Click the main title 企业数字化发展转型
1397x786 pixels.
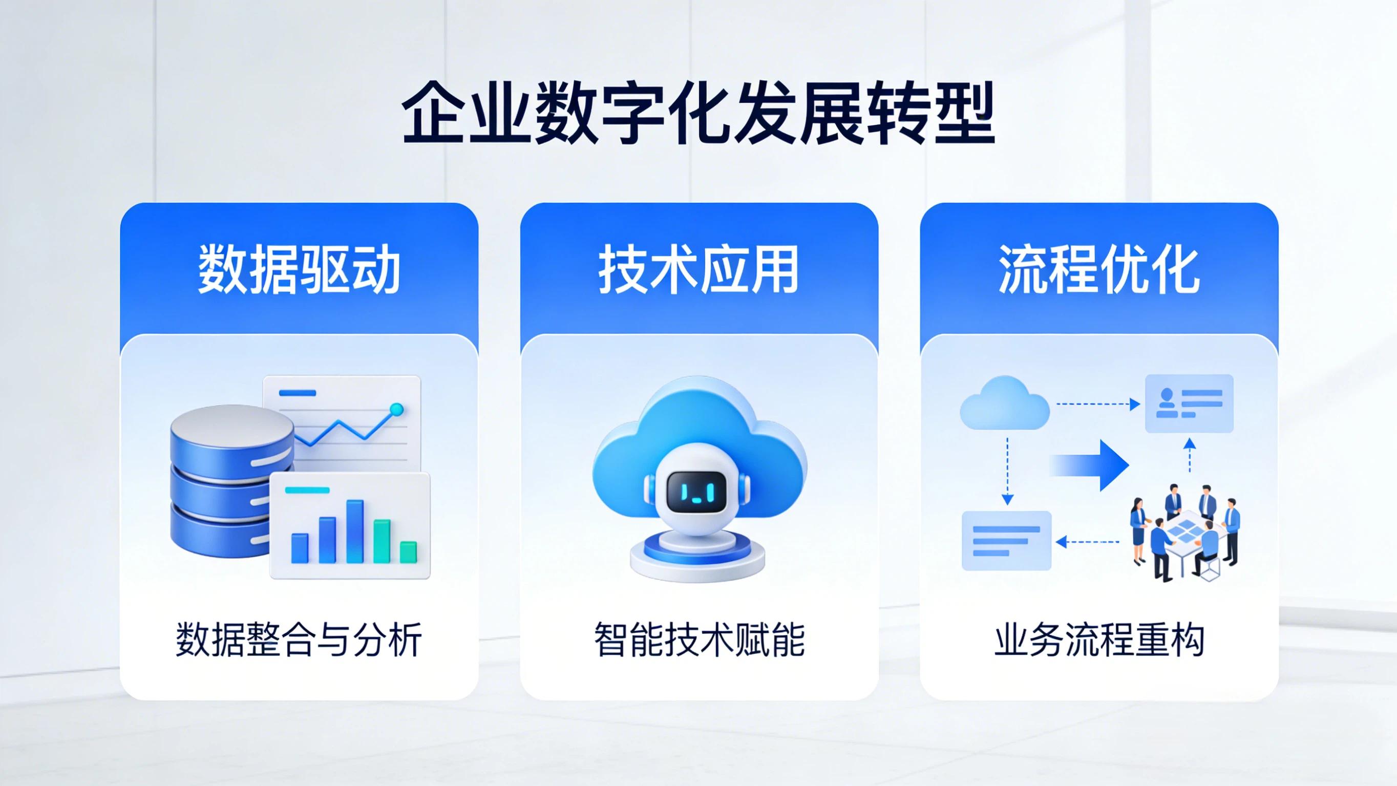click(698, 113)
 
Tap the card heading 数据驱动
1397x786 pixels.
click(299, 269)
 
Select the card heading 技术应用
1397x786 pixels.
click(698, 269)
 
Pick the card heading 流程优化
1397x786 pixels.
click(1099, 269)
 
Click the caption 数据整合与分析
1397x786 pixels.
click(299, 641)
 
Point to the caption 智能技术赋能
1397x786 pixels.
click(699, 641)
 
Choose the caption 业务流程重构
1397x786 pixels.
click(1099, 641)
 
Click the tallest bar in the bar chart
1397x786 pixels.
click(355, 531)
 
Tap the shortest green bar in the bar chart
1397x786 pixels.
click(408, 551)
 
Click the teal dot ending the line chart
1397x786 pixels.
click(397, 409)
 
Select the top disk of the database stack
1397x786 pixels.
click(231, 429)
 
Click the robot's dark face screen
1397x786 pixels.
click(696, 491)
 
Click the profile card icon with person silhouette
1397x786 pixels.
click(1189, 403)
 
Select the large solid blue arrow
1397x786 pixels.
click(1090, 465)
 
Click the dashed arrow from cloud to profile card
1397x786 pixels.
click(1098, 403)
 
